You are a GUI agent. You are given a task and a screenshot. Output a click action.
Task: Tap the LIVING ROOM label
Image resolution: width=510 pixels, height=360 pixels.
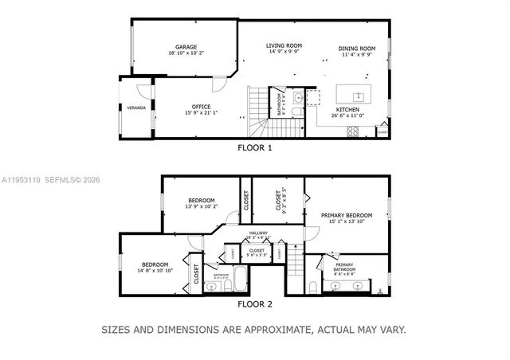click(284, 46)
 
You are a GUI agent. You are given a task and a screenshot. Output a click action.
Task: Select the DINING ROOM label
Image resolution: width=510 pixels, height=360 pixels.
click(355, 48)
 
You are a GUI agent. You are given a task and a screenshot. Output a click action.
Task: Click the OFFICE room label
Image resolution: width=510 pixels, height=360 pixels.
click(200, 107)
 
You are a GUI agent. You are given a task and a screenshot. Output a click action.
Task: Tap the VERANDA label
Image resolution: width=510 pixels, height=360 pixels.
click(136, 108)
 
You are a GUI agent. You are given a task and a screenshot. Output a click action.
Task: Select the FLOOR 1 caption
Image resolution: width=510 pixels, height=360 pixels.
click(255, 147)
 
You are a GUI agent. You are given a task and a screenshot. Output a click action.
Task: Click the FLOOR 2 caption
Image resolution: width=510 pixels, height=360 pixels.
click(255, 303)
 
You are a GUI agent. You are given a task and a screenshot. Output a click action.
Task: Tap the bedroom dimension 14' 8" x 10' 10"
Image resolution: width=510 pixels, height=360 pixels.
click(155, 271)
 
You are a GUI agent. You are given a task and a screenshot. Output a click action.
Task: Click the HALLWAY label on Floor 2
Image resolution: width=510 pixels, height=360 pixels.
click(257, 233)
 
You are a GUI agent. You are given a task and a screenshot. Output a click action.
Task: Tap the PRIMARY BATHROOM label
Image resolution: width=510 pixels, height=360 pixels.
click(344, 265)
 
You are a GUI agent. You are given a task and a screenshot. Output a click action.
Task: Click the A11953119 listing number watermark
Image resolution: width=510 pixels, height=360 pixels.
click(22, 180)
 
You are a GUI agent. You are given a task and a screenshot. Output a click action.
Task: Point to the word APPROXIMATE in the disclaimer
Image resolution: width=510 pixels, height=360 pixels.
click(274, 328)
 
